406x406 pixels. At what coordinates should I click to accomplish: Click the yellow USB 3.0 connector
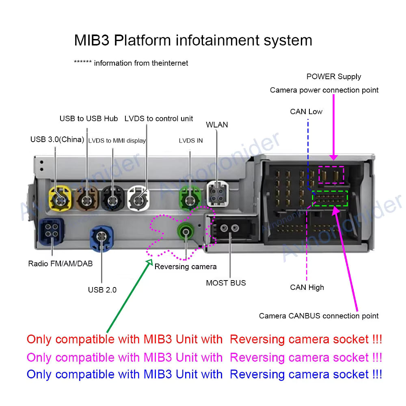pos(60,198)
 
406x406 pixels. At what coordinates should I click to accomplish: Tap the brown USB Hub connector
pos(86,199)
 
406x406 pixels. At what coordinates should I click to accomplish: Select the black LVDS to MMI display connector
pos(112,199)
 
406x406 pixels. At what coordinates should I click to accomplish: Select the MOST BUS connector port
pos(230,229)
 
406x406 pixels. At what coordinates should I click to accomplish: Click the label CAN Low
pos(306,112)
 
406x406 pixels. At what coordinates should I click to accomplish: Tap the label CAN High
pos(307,287)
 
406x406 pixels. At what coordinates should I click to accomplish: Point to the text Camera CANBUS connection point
pos(319,316)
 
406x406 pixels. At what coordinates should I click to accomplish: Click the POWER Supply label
pos(334,76)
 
